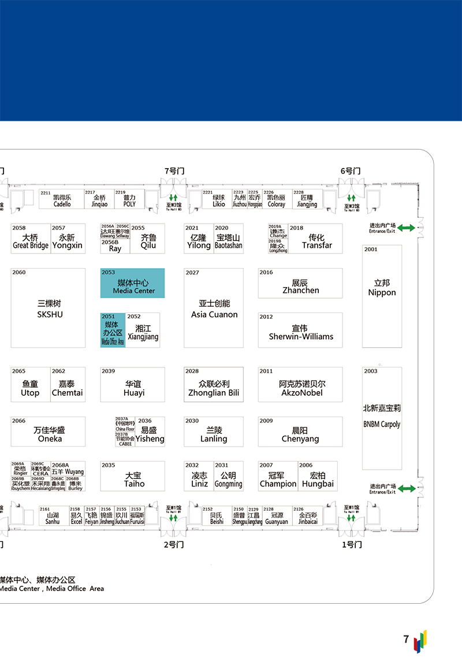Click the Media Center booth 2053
(x=132, y=284)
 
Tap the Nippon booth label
(x=382, y=288)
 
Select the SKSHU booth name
(x=50, y=315)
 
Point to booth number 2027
(x=192, y=273)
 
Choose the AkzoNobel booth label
(x=301, y=393)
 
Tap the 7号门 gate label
(x=174, y=171)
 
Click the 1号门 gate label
(x=351, y=545)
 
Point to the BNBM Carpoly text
(x=382, y=424)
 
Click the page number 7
(x=406, y=640)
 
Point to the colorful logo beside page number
(x=420, y=641)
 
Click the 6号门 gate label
(x=350, y=171)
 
